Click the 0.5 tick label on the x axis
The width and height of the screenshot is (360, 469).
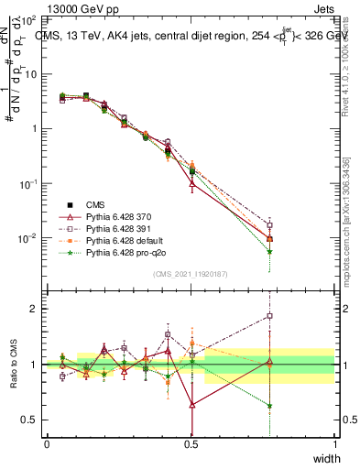coord(191,444)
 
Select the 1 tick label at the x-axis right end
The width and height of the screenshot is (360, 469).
coord(334,444)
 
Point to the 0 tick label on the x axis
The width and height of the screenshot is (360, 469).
coord(47,444)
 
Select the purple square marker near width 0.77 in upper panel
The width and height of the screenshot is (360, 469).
coord(269,225)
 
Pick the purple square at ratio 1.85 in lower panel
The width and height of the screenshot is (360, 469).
coord(269,316)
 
